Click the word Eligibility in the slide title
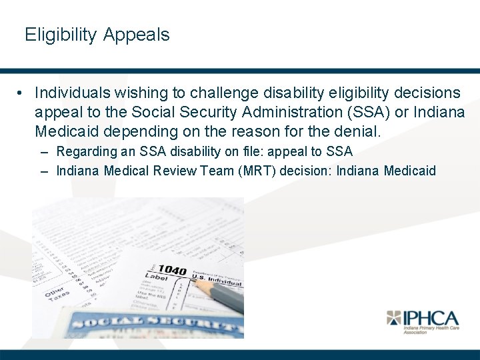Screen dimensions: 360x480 (61, 35)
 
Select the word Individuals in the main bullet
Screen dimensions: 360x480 (75, 92)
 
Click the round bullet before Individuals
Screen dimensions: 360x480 (22, 92)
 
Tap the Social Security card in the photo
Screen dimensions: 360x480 (147, 325)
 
